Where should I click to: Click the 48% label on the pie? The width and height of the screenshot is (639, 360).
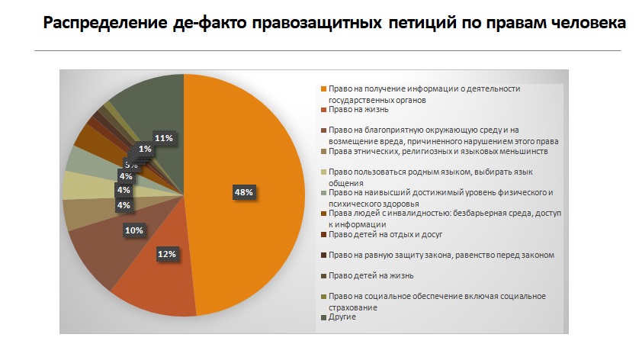(x=243, y=193)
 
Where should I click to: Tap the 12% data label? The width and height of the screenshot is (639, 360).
(x=168, y=253)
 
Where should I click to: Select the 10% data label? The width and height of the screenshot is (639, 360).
(x=134, y=229)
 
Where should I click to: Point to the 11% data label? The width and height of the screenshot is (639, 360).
(x=164, y=138)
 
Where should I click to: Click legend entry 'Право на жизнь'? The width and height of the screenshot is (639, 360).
(x=358, y=109)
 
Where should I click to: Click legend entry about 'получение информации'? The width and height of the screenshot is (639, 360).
(x=424, y=93)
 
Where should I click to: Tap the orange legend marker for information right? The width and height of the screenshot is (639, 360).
(x=324, y=88)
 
